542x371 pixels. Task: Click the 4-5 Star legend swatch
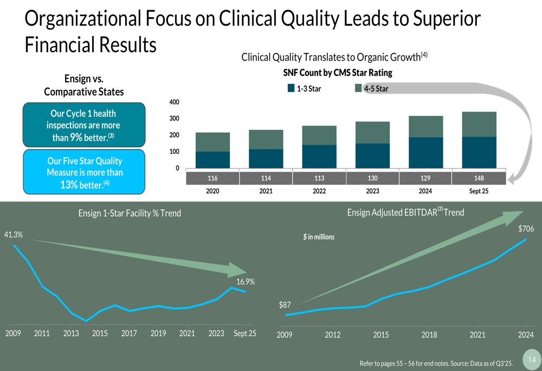coord(358,88)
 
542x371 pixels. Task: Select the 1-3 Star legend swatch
coord(291,88)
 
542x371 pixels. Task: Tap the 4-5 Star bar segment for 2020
coord(212,142)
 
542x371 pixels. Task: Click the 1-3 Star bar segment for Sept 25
coord(479,152)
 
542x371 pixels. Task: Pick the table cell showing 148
coord(479,178)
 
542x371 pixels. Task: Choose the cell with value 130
coord(372,178)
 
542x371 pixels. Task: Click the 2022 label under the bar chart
coord(319,191)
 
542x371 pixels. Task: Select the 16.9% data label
coord(246,282)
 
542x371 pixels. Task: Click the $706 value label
coord(526,229)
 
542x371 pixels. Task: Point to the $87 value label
coord(285,305)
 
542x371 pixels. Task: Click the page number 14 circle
coord(531,360)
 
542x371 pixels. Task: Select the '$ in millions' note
coord(319,237)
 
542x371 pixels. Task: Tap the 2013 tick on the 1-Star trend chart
coord(71,333)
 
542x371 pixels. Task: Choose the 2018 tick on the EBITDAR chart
coord(429,335)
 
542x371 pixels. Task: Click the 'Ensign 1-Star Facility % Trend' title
coord(130,213)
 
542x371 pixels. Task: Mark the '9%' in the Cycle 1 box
coord(76,138)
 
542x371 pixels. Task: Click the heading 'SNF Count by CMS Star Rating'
coord(337,73)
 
